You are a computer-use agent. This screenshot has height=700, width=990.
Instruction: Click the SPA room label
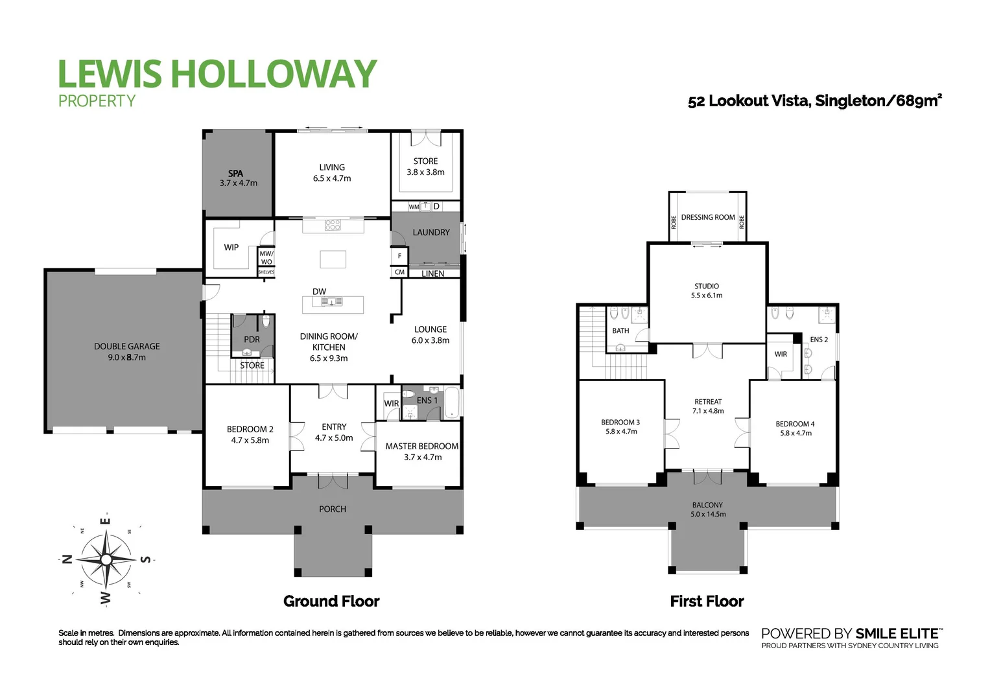[x=235, y=173]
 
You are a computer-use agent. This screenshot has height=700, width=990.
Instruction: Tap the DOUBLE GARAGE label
[x=127, y=346]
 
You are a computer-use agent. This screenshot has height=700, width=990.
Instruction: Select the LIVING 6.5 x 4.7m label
[x=332, y=172]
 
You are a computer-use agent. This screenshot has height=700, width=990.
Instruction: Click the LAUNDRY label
[x=430, y=232]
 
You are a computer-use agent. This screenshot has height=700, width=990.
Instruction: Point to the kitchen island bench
[x=333, y=259]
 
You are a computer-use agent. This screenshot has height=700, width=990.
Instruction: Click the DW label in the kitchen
[x=319, y=292]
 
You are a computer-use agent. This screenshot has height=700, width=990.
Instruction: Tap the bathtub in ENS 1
[x=451, y=403]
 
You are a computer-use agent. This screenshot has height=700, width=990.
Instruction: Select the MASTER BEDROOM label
[x=421, y=446]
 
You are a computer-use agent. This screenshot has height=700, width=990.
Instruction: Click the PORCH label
[x=333, y=509]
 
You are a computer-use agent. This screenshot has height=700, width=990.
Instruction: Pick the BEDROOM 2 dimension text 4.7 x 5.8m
[x=250, y=440]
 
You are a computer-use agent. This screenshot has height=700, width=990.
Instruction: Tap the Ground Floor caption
[x=331, y=601]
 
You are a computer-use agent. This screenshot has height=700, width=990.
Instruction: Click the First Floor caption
[x=707, y=601]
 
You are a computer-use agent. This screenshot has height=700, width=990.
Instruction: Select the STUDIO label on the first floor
[x=707, y=286]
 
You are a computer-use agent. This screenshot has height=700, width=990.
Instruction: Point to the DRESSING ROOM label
[x=708, y=217]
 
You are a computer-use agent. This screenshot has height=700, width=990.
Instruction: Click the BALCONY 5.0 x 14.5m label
[x=707, y=509]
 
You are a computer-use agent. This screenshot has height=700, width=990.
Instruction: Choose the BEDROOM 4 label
[x=795, y=424]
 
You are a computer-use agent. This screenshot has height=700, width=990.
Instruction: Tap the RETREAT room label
[x=708, y=402]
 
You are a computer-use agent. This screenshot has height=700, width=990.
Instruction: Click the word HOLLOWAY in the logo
[x=273, y=74]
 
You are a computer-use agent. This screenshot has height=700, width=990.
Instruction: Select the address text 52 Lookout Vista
[x=749, y=101]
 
